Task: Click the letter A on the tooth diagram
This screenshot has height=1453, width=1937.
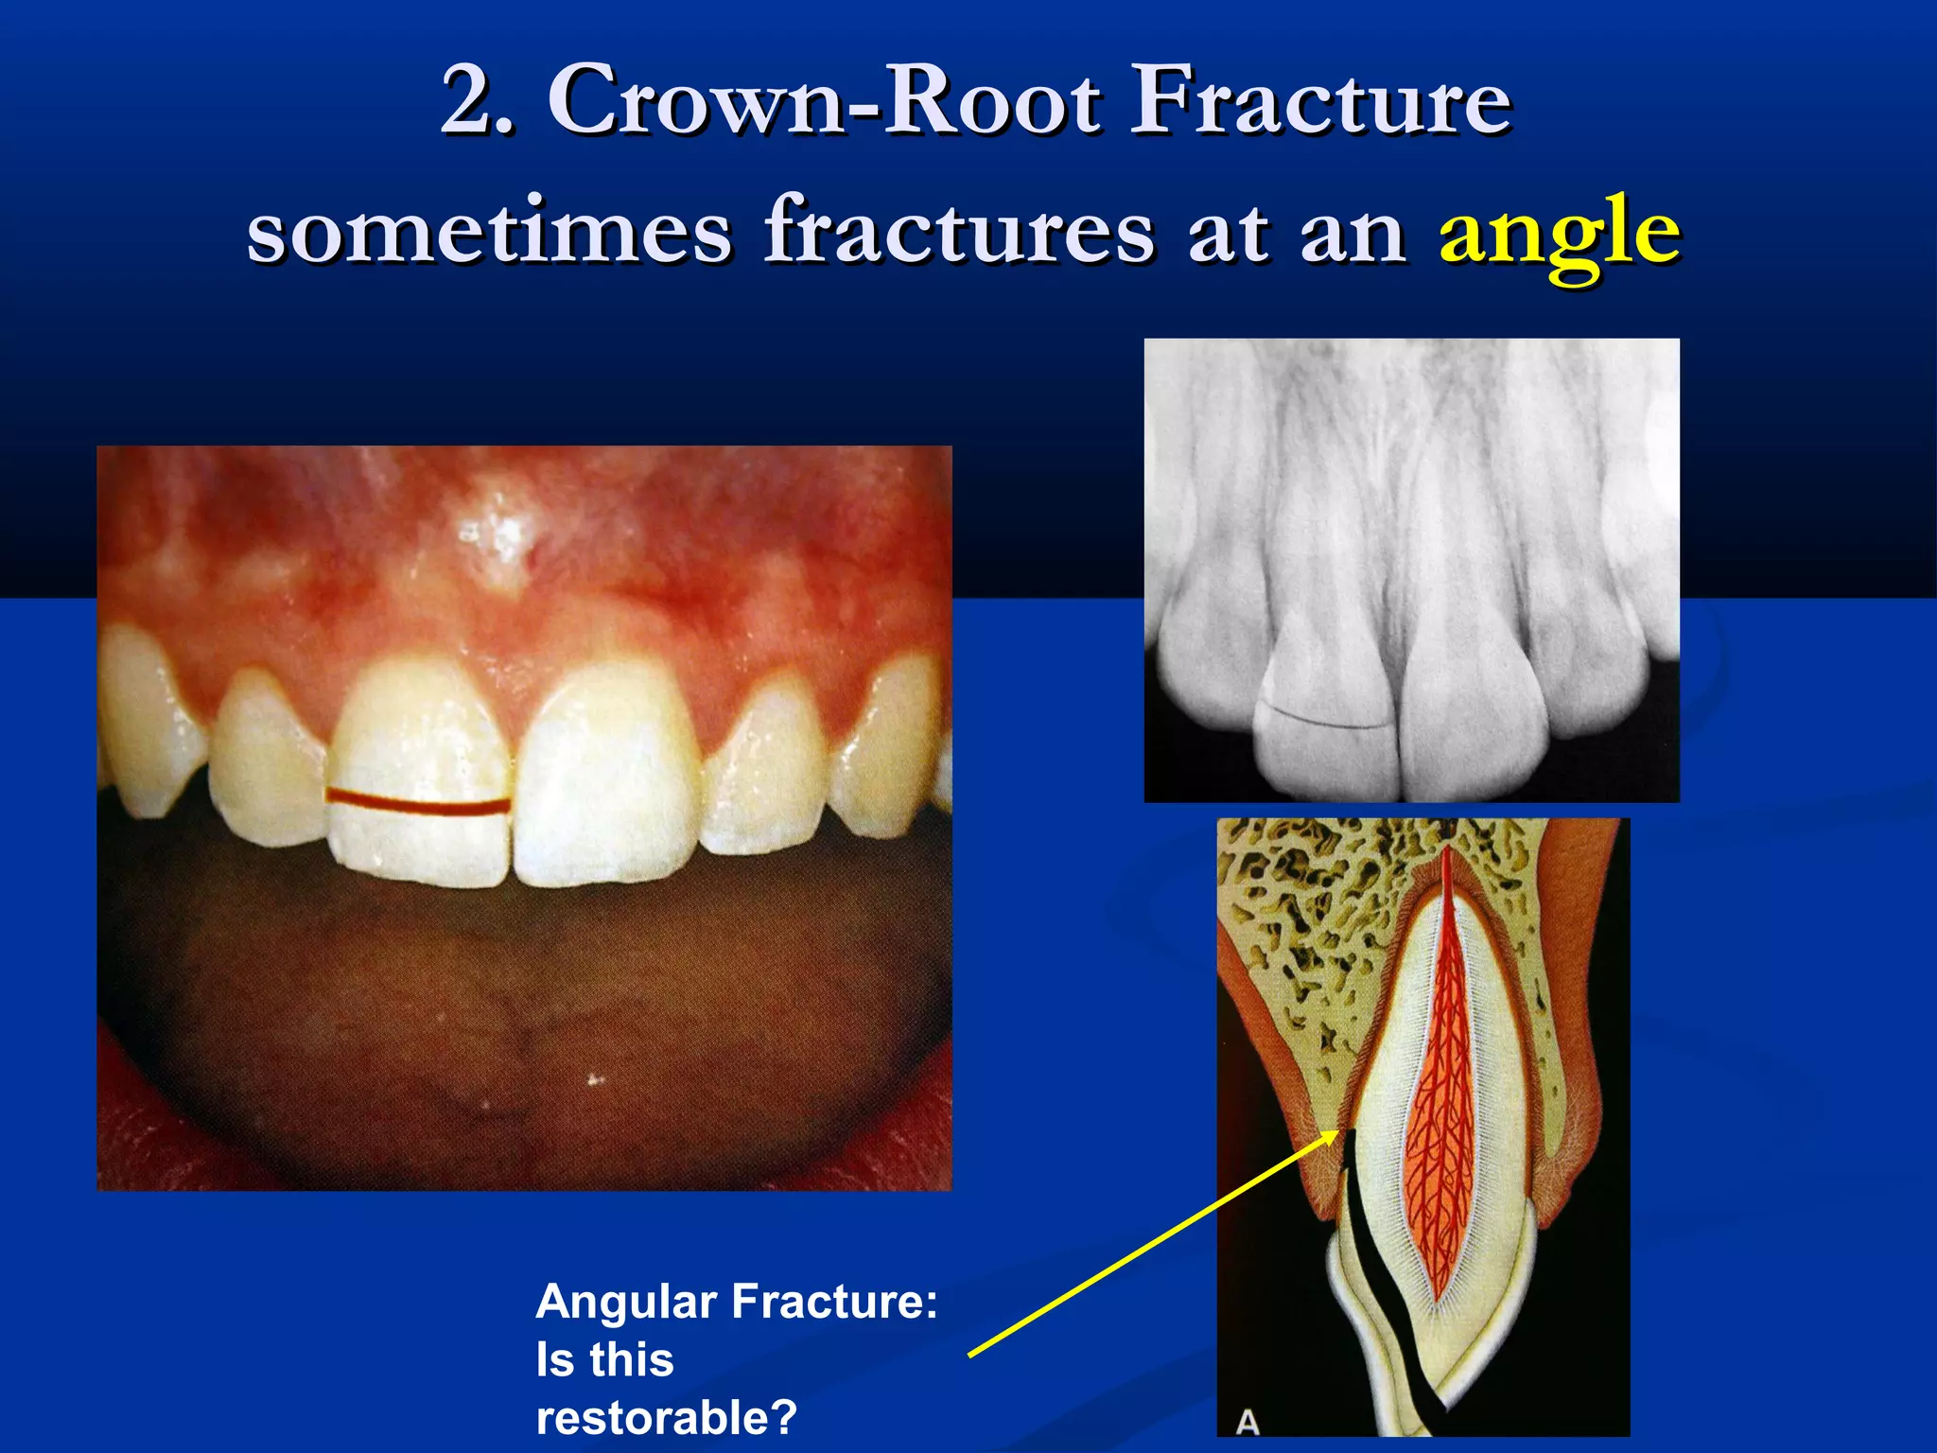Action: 1248,1422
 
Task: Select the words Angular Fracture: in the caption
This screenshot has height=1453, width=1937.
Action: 736,1302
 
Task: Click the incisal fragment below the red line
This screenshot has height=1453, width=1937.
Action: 421,847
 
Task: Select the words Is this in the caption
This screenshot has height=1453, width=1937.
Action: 604,1360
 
